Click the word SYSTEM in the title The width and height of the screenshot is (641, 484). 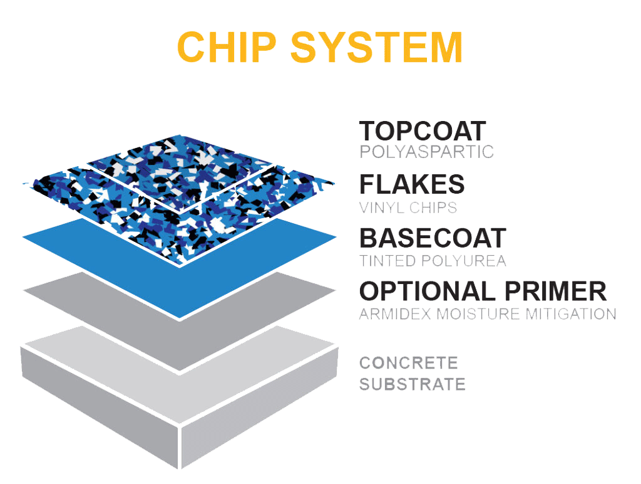coord(377,47)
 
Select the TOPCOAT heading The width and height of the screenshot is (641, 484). coord(423,132)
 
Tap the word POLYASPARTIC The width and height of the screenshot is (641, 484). coord(426,152)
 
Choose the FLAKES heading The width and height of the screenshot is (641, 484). coord(412,184)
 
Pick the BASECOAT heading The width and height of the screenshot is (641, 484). coord(433,238)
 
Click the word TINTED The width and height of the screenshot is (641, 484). coord(388,261)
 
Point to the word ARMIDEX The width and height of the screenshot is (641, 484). coord(395,314)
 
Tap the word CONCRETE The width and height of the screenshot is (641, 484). coord(409,362)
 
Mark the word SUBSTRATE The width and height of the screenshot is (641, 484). coord(413,384)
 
